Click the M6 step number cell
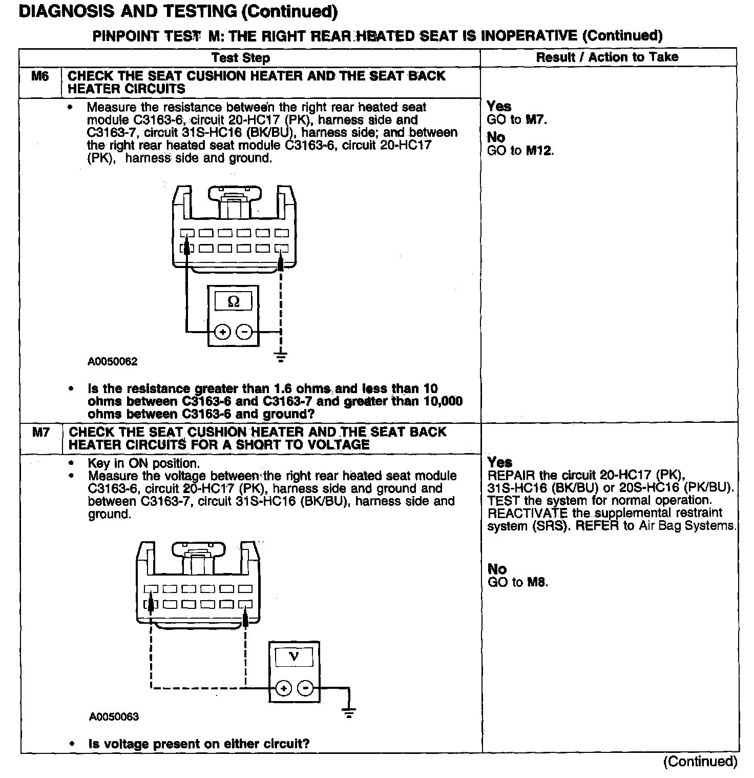(40, 77)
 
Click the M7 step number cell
(41, 433)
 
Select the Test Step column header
(241, 57)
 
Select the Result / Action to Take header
(607, 57)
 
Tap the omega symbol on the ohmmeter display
(233, 301)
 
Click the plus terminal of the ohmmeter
(222, 332)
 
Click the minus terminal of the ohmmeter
(244, 332)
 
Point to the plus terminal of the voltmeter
(284, 688)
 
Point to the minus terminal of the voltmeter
(306, 688)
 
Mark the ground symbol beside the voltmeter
(349, 712)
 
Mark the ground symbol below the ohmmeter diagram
(281, 356)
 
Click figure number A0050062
(113, 362)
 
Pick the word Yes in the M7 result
(499, 462)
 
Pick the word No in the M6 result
(496, 137)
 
